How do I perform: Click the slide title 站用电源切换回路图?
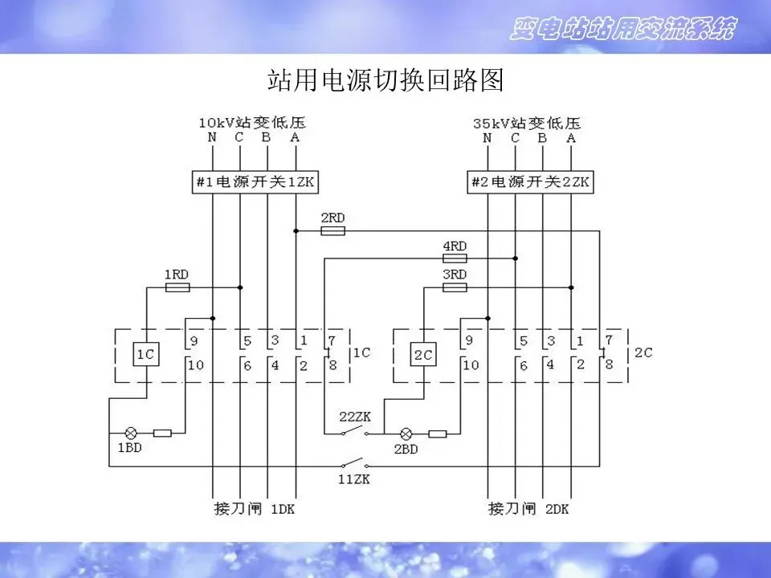tap(385, 81)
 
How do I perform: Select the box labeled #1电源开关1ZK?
tap(255, 182)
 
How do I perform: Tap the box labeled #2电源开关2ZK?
tap(530, 182)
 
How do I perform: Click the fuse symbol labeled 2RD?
tap(332, 230)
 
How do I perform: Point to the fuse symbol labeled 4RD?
tap(455, 258)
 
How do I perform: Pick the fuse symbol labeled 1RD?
tap(177, 287)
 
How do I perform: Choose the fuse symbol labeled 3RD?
tap(455, 287)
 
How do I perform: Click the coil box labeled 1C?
tap(145, 355)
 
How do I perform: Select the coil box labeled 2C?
tap(422, 355)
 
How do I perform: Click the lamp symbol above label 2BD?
tap(406, 433)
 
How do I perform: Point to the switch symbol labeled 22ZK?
tap(354, 433)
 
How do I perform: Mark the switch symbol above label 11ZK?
tap(354, 465)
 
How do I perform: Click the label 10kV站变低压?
tap(253, 123)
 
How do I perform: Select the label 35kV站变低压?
tap(527, 123)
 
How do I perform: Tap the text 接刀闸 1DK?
tap(255, 509)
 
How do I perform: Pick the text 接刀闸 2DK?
tap(528, 509)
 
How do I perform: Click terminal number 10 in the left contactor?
tap(195, 366)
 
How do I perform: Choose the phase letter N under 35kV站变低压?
tap(487, 137)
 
